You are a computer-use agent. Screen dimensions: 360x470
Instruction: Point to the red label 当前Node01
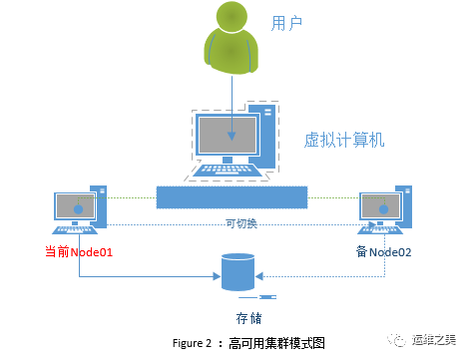[x=79, y=251]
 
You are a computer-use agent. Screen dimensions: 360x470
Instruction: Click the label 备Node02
[x=384, y=251]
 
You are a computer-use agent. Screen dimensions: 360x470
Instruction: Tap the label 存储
[x=248, y=319]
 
